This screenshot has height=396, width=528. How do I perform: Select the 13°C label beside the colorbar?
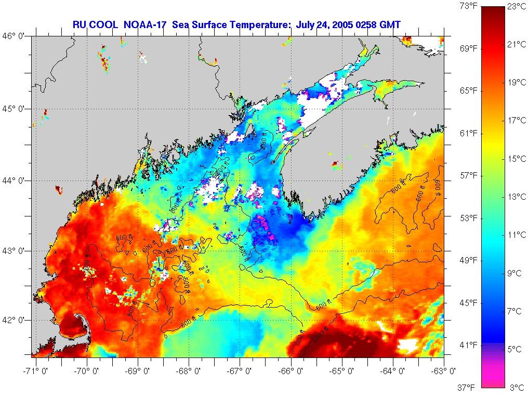click(x=517, y=197)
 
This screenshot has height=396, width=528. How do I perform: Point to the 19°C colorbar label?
click(x=517, y=83)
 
